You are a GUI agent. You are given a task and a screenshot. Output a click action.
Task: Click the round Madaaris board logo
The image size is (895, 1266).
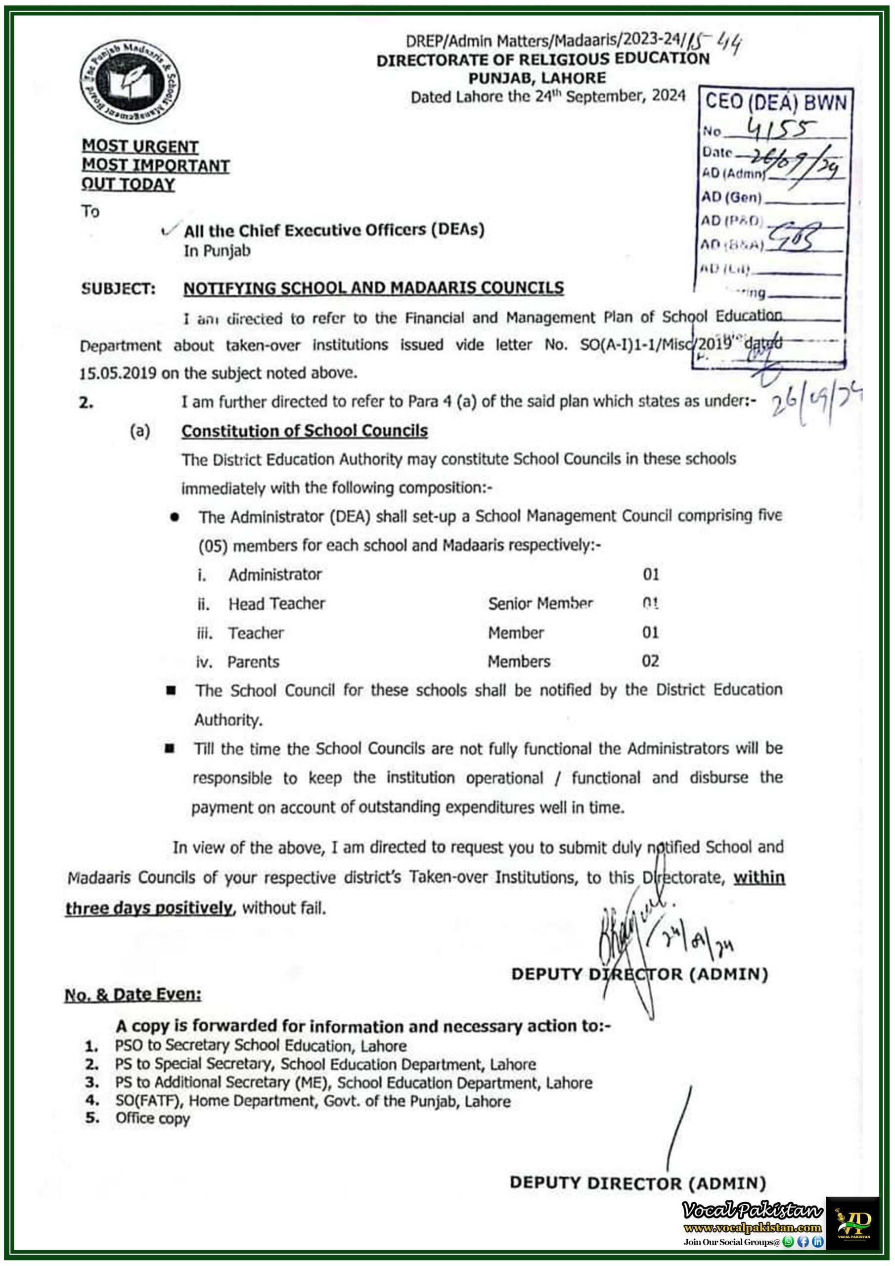(x=130, y=82)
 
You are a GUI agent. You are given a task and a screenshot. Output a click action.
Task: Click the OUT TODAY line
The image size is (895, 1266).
(x=128, y=184)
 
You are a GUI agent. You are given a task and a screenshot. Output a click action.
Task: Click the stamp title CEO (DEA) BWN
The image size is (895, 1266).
(x=775, y=102)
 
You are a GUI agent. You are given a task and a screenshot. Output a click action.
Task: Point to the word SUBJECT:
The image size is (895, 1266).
(x=118, y=289)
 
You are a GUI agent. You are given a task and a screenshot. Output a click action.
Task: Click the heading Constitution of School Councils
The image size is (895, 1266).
(x=305, y=431)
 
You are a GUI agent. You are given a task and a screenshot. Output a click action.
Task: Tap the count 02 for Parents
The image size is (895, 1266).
(x=650, y=661)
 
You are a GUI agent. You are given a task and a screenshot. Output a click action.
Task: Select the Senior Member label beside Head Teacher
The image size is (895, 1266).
(x=540, y=603)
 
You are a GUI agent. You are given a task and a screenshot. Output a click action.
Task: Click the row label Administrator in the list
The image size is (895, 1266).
(x=275, y=575)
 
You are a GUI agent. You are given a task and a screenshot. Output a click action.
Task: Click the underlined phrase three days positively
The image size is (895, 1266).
(x=149, y=907)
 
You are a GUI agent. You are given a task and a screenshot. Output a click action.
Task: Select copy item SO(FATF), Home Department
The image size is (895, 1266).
(x=312, y=1101)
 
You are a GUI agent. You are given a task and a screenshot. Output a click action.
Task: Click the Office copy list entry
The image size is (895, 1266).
(x=152, y=1118)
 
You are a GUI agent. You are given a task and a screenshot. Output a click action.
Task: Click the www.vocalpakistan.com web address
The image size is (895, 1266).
(x=752, y=1227)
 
